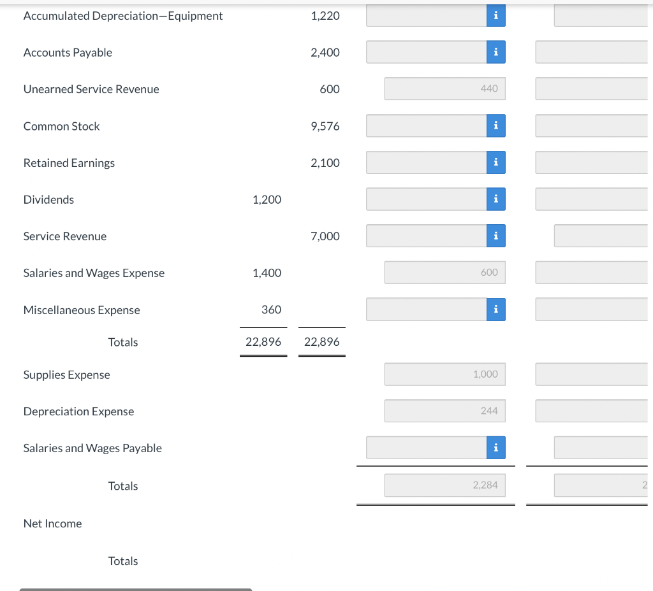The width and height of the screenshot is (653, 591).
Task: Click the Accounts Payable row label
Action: pos(68,52)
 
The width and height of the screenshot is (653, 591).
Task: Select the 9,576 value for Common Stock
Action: pos(325,126)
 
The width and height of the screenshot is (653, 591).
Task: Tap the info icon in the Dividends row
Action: pos(495,199)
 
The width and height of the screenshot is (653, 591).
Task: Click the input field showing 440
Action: pos(444,89)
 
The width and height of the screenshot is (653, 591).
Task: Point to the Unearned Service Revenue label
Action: pos(91,89)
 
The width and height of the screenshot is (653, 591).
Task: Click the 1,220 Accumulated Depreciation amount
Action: pos(325,15)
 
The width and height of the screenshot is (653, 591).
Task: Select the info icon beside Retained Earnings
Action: pos(495,162)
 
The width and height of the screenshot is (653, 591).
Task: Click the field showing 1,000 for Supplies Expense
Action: pos(444,374)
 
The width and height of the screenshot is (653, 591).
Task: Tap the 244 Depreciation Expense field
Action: pos(444,411)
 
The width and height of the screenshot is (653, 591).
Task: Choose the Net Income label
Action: pos(52,523)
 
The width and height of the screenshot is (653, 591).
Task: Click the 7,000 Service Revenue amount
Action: pos(325,236)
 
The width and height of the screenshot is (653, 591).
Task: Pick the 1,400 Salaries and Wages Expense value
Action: pos(267,273)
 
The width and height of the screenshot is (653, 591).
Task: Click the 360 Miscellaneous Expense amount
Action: pos(271,310)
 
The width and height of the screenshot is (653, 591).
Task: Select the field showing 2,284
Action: pos(444,485)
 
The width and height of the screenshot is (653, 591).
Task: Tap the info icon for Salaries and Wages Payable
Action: pos(495,448)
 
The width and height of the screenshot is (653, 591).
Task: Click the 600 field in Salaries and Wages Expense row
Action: pos(444,272)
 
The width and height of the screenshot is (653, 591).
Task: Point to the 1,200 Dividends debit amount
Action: pos(267,199)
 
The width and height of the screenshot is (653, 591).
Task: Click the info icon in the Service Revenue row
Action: pos(495,236)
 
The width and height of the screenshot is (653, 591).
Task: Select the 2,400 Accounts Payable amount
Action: pos(325,52)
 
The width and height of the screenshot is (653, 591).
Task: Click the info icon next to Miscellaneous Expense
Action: pos(495,310)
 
